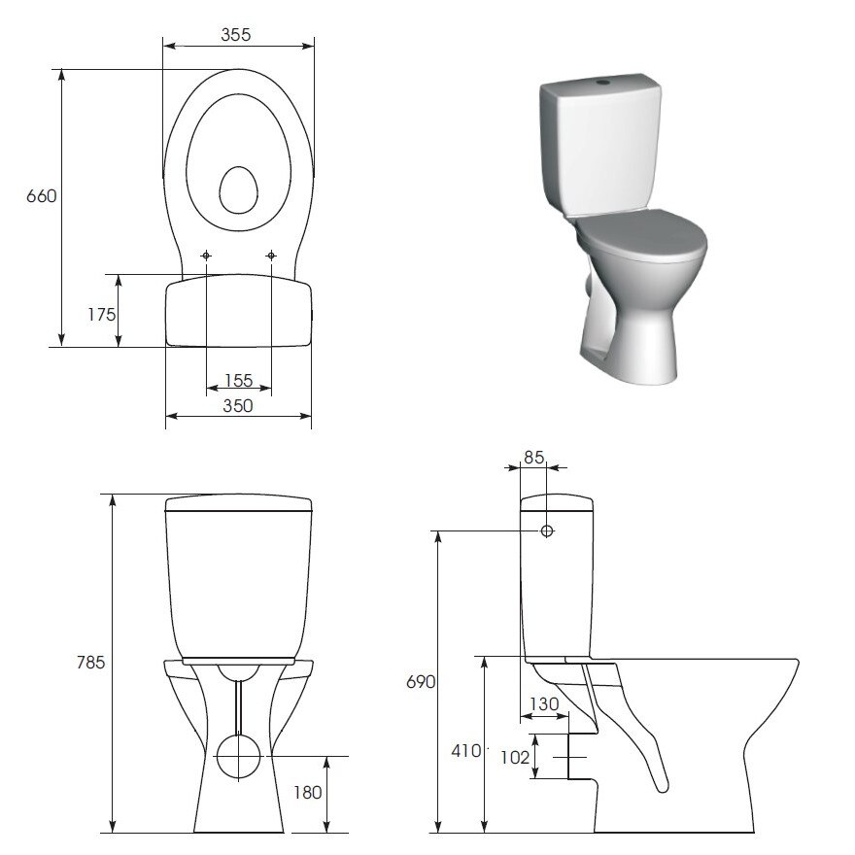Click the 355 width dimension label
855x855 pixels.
[236, 35]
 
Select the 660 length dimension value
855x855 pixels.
[42, 195]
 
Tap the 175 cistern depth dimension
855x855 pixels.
[101, 314]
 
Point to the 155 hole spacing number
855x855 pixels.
[238, 381]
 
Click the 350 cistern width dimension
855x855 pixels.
[238, 406]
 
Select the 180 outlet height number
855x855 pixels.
[307, 793]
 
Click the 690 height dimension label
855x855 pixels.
[421, 681]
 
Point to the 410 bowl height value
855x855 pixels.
[465, 750]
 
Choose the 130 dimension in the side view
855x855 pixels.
[544, 704]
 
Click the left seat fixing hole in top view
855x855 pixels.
[206, 256]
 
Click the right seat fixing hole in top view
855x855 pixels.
[271, 256]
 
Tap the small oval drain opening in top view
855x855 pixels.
[237, 189]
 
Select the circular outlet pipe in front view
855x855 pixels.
[237, 757]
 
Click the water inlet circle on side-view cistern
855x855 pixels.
[547, 530]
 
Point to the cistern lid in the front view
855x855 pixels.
[238, 503]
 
